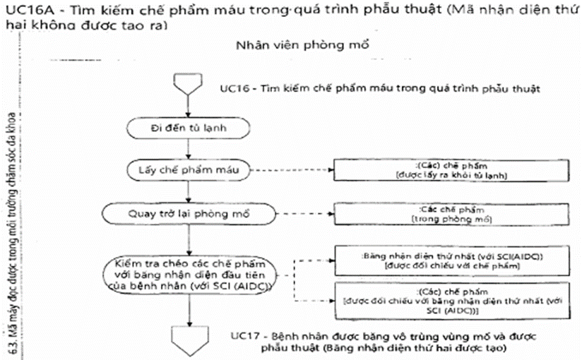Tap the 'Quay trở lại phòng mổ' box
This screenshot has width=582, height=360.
pos(186,212)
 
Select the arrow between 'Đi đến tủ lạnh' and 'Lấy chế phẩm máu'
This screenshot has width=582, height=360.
pos(186,149)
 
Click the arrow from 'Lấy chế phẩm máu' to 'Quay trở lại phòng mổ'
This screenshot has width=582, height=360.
pos(186,191)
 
